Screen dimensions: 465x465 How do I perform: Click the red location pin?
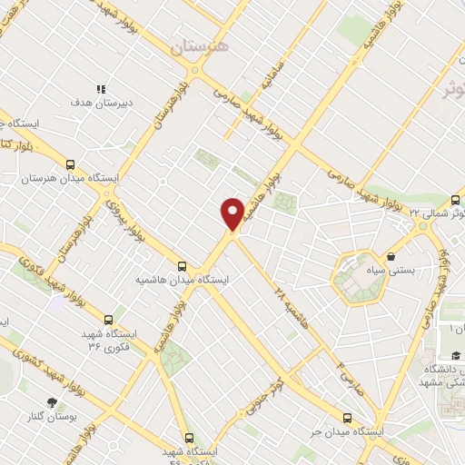[232, 213]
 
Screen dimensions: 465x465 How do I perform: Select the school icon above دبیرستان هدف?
[102, 90]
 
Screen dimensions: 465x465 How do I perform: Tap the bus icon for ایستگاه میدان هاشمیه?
[183, 266]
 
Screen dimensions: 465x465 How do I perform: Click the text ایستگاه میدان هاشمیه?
[182, 281]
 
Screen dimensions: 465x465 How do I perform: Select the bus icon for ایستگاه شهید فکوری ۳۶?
[108, 321]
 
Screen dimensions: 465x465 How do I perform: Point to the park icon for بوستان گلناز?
[52, 401]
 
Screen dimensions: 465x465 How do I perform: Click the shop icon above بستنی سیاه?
[391, 256]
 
